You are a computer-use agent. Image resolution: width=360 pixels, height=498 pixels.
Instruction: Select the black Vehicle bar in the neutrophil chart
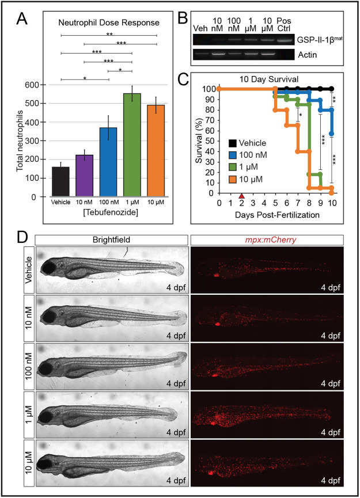coord(60,182)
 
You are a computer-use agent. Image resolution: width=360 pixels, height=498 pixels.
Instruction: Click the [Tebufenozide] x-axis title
coord(96,215)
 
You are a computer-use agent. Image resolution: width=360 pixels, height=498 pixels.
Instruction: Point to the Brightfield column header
coord(111,239)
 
